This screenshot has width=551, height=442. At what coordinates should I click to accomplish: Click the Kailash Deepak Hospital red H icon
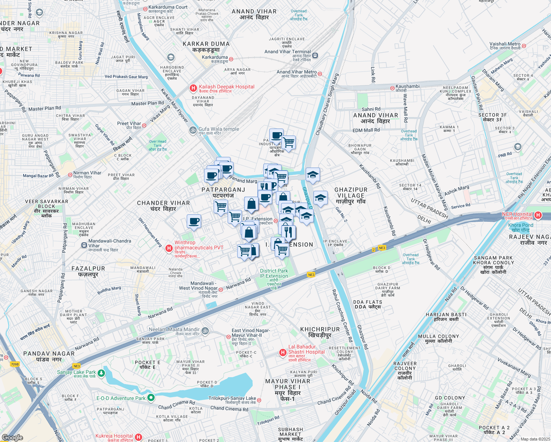tap(193, 88)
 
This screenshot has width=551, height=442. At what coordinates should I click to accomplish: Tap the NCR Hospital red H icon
tap(538, 215)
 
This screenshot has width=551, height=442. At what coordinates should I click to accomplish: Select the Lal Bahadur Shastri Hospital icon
tap(282, 352)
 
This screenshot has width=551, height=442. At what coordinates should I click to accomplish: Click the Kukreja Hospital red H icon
tap(138, 437)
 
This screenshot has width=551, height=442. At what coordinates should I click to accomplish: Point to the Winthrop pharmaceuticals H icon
tap(169, 248)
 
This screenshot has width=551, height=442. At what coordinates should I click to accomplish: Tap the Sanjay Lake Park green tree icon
tap(101, 373)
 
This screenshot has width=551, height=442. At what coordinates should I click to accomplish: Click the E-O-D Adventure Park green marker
tap(151, 398)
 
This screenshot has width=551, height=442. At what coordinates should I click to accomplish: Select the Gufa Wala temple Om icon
tap(193, 130)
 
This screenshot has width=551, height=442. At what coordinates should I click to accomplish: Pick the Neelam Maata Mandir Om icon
tap(205, 331)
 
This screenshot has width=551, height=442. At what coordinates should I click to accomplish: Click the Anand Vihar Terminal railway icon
tap(315, 56)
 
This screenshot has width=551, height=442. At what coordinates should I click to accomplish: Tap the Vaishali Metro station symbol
tap(524, 46)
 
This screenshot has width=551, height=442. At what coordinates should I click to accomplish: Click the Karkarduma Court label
tap(168, 7)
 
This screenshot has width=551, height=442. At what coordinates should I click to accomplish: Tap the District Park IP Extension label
tap(274, 273)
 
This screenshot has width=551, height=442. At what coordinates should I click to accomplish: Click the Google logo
tap(13, 437)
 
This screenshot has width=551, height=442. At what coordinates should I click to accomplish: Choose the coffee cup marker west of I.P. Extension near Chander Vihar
tap(194, 222)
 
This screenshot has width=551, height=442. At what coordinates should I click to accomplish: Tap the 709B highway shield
tap(15, 364)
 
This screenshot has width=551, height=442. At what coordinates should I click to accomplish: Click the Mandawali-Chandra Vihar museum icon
tap(84, 245)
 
